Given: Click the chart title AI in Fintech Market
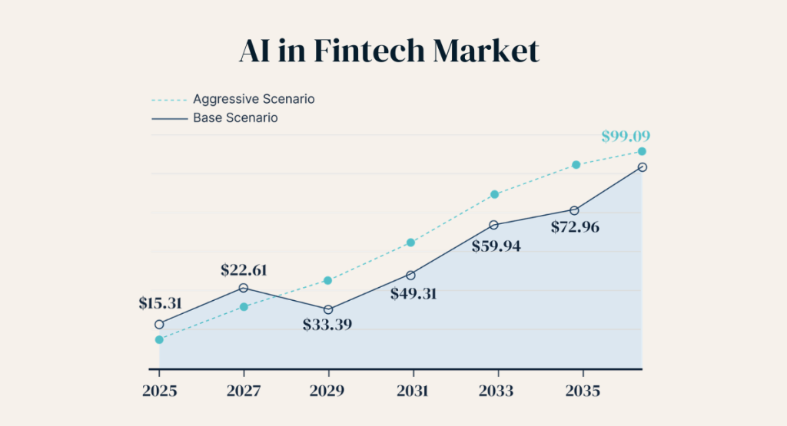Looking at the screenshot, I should coord(389,51).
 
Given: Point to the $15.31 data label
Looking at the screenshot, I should coord(160,303).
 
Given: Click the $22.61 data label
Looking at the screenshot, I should coord(244,269).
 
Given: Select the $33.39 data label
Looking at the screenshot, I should coord(327,323).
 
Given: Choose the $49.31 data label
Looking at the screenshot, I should coord(413,292).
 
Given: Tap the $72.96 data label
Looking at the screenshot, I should coord(576,227).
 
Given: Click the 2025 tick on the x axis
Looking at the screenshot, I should coord(160,390).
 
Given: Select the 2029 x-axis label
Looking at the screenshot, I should coord(328,390).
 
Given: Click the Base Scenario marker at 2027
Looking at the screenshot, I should coord(244,288).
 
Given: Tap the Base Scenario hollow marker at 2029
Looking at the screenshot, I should coord(328,309).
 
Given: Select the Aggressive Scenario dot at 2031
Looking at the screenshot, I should coord(411,243).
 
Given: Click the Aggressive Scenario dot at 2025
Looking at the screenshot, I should coord(159,339).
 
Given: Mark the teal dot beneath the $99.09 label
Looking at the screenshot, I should coord(642,151).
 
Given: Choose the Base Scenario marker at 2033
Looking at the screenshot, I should coord(494,225).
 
